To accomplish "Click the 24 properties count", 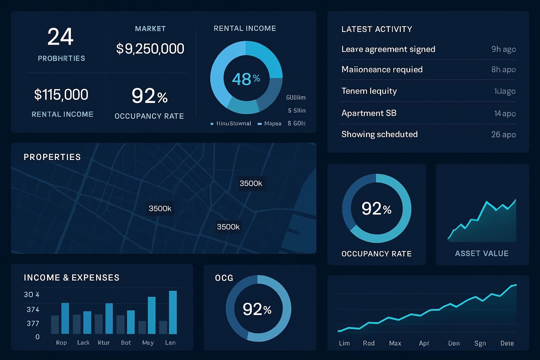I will pos(60,37).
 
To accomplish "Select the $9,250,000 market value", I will pos(150,49).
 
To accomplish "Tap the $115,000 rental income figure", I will pos(61,95).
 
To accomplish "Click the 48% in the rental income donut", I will pos(246,79).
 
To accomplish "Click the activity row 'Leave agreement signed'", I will pos(388,49).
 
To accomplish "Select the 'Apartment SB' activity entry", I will pos(369,113).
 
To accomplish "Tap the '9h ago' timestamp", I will pos(503,49).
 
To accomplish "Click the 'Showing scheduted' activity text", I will pos(379,134).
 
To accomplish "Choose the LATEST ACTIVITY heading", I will pos(377,29).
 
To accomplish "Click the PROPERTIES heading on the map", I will pos(52,157).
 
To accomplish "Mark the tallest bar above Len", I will pos(173,312).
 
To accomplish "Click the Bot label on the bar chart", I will pos(126,342).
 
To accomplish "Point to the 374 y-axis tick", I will pos(33,310).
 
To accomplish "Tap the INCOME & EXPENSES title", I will pos(71,278).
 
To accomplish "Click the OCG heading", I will pos(224,278).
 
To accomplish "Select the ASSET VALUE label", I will pos(482,253).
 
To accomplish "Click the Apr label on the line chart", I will pos(424,343).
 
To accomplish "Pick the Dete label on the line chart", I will pos(507,343).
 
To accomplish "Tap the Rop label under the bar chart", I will pos(61,342).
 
